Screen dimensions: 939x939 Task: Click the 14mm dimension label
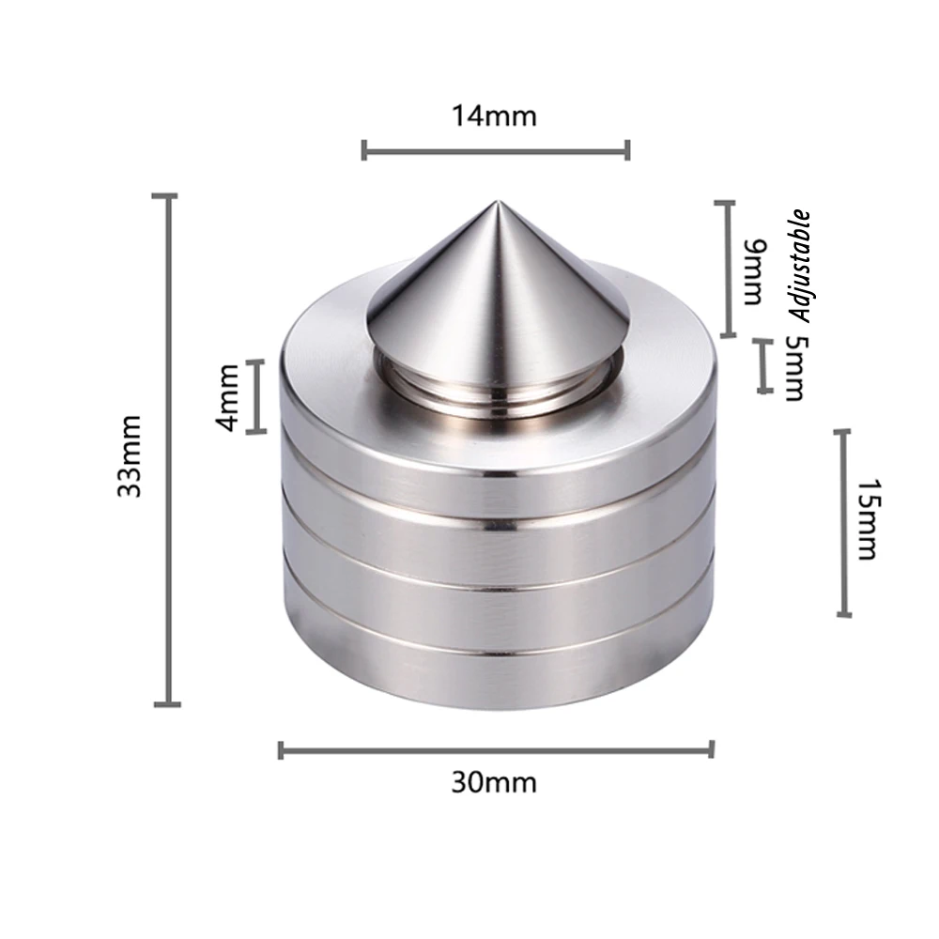click(494, 116)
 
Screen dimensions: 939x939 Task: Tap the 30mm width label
click(494, 782)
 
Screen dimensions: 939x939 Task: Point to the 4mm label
click(226, 397)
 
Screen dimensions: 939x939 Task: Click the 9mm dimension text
click(754, 272)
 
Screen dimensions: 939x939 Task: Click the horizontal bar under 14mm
click(495, 149)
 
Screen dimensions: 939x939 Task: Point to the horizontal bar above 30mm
click(496, 748)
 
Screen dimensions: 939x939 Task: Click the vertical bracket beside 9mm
click(726, 269)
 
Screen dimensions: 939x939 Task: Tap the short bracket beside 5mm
click(764, 366)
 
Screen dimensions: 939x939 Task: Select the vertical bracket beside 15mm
click(843, 523)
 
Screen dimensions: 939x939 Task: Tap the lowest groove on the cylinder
click(495, 652)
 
